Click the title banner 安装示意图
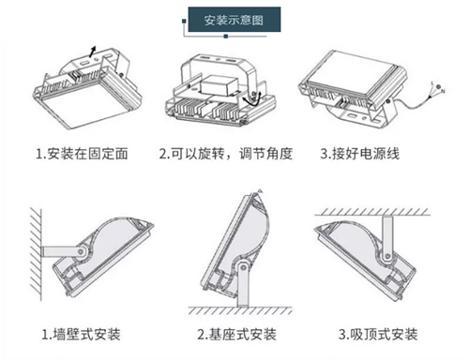point(234,20)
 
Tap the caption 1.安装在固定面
point(82,154)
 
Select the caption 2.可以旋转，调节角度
point(226,154)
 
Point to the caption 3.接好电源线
point(360,154)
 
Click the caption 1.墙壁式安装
point(82,335)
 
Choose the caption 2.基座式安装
point(237,335)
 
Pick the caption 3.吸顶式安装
point(378,335)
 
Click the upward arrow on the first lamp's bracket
point(92,52)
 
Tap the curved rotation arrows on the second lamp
point(252,99)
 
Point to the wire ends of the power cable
point(436,89)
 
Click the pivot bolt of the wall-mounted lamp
point(81,251)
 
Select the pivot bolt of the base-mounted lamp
point(243,267)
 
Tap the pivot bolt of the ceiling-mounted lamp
point(387,257)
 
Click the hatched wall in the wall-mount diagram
point(36,254)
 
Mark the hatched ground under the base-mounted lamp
point(240,310)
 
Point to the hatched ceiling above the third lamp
point(372,212)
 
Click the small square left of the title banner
point(184,22)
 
